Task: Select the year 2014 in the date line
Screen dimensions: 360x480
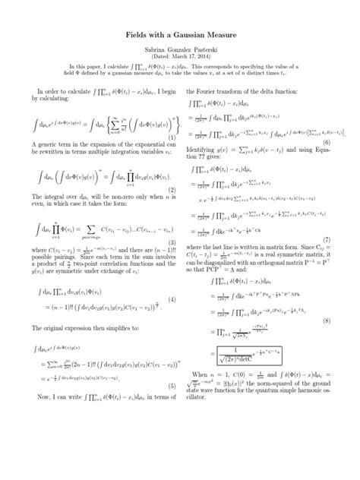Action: (x=210, y=58)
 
